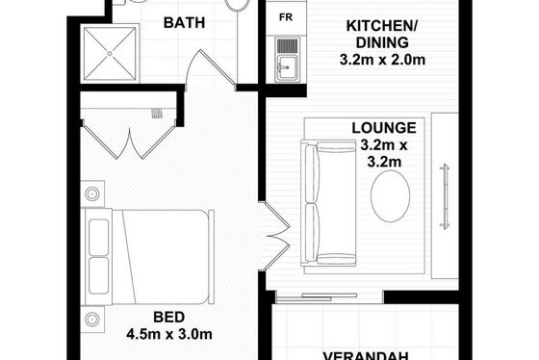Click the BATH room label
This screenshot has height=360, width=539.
point(184,23)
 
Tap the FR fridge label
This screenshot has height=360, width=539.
point(286,17)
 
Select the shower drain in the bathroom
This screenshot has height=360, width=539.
point(110,53)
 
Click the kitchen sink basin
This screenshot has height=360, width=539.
point(287,67)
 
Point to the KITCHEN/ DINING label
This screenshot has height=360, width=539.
point(382,35)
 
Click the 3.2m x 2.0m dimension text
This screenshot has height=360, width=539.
point(382,60)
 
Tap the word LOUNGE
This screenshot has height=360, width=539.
point(384,128)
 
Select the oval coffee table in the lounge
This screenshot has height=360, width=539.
point(390,196)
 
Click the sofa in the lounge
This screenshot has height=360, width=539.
point(328,203)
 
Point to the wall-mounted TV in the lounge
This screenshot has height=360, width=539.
point(445,196)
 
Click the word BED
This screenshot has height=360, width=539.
point(168,317)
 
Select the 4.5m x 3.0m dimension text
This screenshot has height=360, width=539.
point(169,334)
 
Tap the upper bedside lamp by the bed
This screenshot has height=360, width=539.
point(92,193)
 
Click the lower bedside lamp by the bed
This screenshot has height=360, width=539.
point(92,320)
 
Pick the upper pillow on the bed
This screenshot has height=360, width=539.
point(98,238)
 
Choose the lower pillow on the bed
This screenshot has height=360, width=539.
point(98,275)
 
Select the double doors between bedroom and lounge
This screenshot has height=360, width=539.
point(275,236)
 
